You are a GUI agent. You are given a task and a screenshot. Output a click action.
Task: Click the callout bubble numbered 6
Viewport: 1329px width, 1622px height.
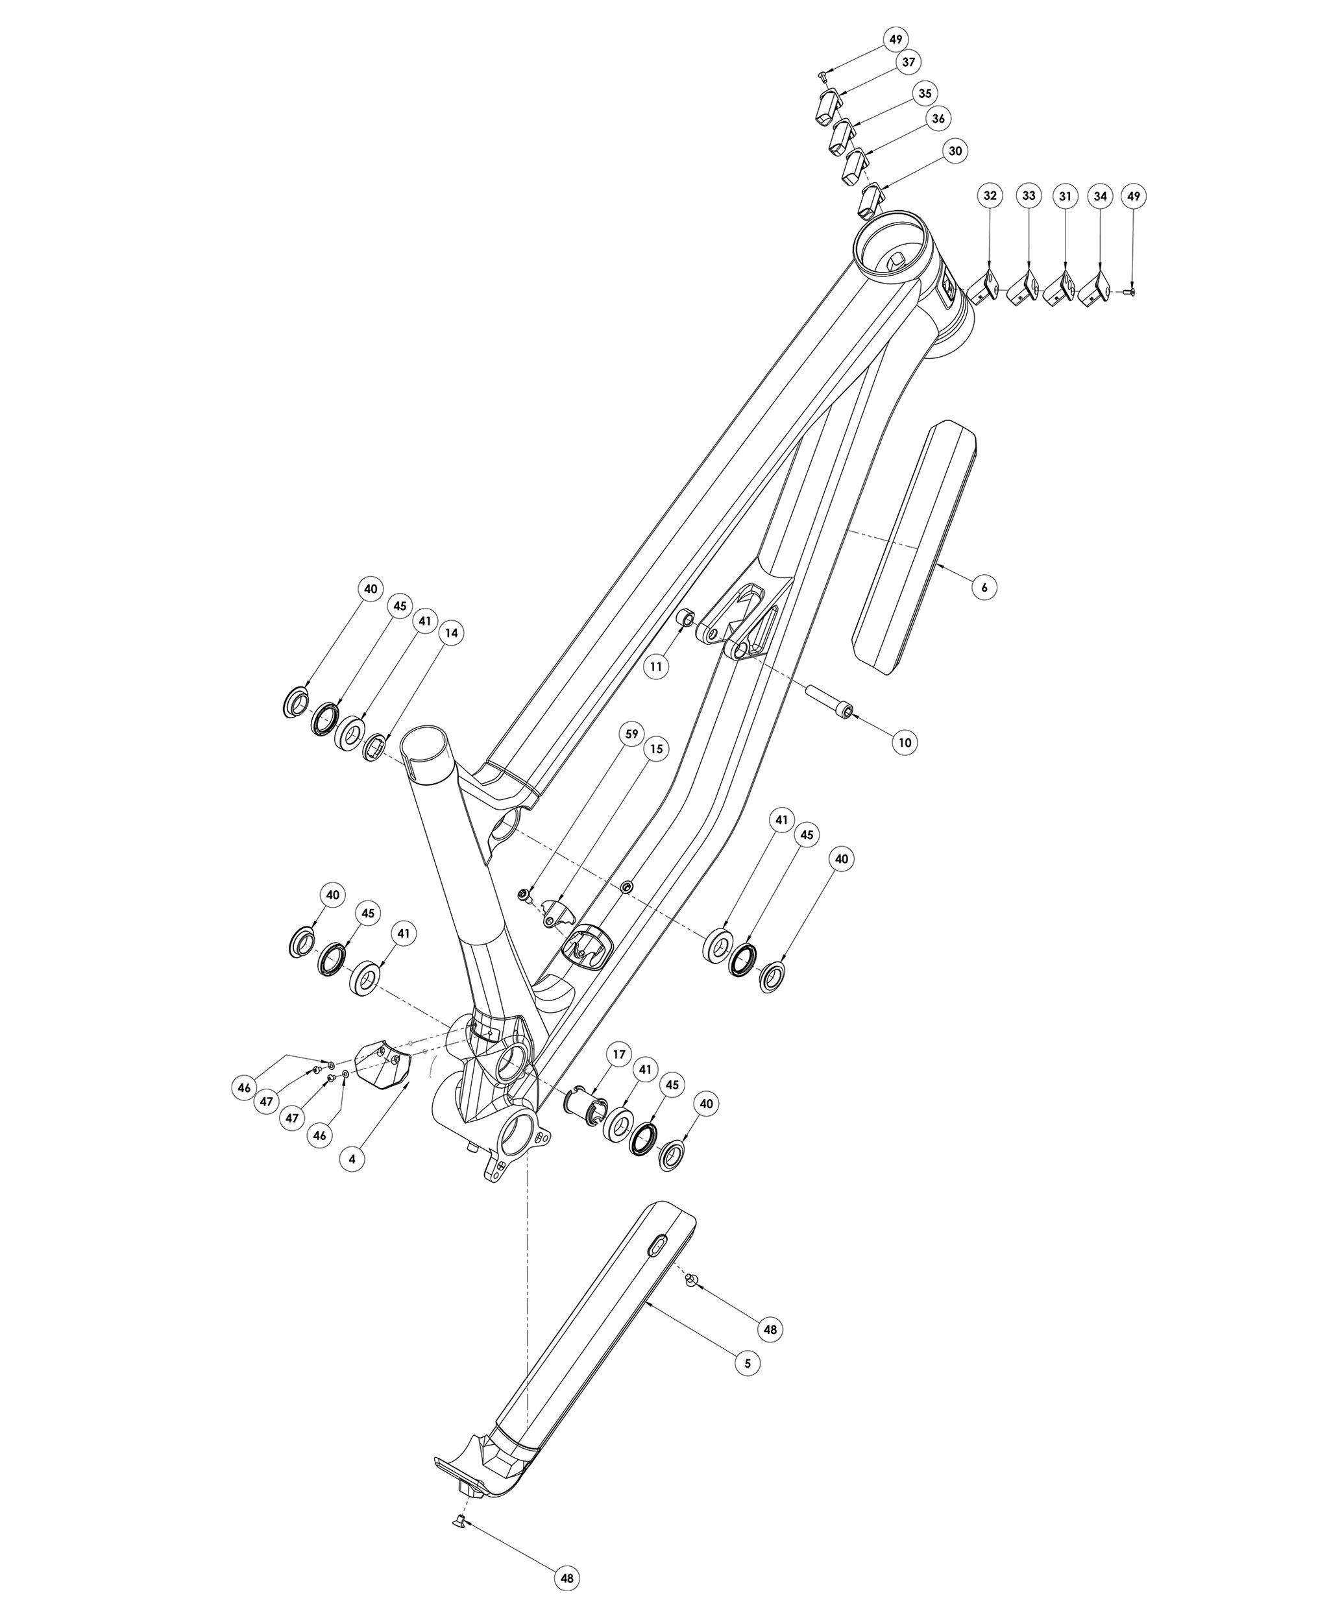coord(984,587)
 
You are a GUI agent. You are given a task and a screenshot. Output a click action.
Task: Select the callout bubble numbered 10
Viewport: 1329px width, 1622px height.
coord(905,742)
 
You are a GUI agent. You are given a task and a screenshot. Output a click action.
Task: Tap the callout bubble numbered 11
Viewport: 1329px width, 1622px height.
coord(656,666)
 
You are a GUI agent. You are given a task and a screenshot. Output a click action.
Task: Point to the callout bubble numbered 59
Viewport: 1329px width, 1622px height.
coord(631,734)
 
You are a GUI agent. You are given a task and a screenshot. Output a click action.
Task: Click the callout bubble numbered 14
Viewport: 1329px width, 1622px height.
coord(452,633)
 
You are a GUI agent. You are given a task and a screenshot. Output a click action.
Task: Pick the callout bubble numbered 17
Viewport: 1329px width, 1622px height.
coord(618,1054)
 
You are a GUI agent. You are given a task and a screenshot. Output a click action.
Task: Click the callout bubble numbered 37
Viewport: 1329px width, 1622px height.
coord(908,62)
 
